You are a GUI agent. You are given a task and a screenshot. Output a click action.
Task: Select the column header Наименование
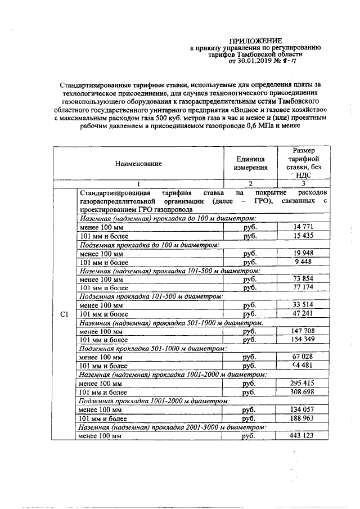(138, 164)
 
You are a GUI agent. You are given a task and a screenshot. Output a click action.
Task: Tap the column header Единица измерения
(250, 164)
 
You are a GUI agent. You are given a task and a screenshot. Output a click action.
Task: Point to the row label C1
(64, 314)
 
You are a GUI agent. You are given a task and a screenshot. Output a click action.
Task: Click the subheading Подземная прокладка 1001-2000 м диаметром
(153, 402)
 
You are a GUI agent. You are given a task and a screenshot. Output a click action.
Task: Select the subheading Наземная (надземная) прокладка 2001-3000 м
(169, 427)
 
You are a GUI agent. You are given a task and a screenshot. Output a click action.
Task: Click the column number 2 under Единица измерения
(250, 183)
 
